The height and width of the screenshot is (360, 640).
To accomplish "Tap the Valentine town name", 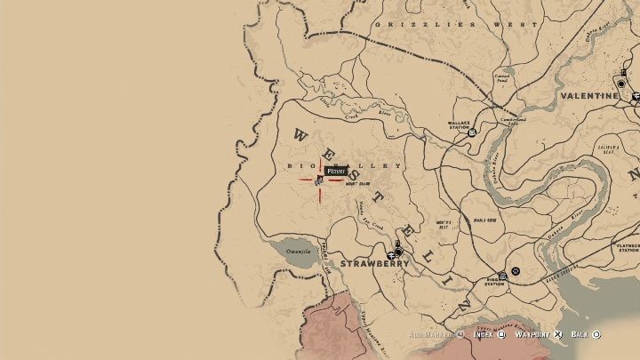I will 588,95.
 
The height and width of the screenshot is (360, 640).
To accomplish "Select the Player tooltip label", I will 335,171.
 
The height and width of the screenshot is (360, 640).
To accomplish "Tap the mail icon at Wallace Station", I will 472,132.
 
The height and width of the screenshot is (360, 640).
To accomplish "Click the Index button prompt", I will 484,334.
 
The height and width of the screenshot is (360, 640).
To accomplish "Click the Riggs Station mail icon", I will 502,276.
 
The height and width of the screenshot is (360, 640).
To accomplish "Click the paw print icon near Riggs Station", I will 515,270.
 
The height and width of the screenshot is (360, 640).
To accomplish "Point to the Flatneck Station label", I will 628,248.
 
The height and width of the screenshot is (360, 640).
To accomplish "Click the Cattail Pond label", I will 503,79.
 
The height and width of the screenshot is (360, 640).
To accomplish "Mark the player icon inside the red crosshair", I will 318,180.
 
